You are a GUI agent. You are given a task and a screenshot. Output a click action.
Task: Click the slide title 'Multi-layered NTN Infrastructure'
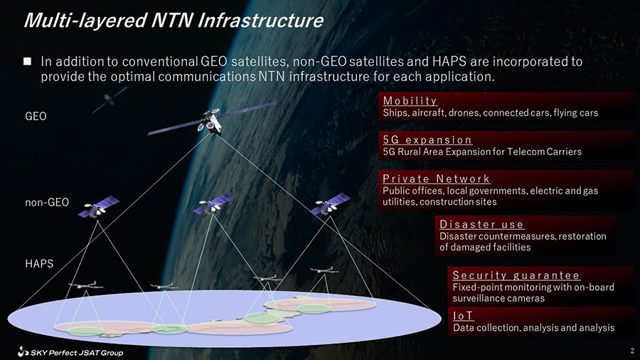pyautogui.click(x=174, y=21)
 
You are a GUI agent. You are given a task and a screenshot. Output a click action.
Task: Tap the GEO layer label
pyautogui.click(x=36, y=117)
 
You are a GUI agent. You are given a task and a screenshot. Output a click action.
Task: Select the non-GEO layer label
pyautogui.click(x=47, y=202)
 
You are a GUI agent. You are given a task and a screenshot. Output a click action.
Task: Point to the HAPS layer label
pyautogui.click(x=39, y=264)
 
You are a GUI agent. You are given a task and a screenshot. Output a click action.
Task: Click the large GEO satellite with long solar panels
pyautogui.click(x=212, y=120)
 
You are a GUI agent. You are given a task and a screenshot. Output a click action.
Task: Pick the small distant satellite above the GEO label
pyautogui.click(x=109, y=99)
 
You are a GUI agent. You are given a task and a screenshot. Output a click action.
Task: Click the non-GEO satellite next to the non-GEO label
pyautogui.click(x=99, y=207)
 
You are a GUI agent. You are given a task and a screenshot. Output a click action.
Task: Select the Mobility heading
pyautogui.click(x=410, y=101)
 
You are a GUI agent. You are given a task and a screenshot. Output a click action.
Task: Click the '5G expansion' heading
pyautogui.click(x=427, y=140)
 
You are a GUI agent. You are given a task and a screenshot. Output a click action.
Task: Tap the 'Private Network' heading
pyautogui.click(x=437, y=179)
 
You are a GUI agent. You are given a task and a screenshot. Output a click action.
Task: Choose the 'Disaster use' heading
pyautogui.click(x=481, y=225)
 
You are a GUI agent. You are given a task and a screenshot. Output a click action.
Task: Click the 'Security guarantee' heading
pyautogui.click(x=516, y=275)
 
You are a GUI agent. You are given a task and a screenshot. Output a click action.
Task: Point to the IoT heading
pyautogui.click(x=463, y=315)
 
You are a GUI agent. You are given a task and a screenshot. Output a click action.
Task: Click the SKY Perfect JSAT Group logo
pyautogui.click(x=70, y=352)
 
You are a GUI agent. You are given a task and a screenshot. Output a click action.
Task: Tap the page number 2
pyautogui.click(x=632, y=351)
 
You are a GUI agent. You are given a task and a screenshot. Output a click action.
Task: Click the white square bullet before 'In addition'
pyautogui.click(x=27, y=61)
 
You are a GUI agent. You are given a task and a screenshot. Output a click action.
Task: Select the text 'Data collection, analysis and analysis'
pyautogui.click(x=533, y=328)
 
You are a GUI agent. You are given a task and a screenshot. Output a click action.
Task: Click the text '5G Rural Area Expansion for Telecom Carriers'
pyautogui.click(x=482, y=152)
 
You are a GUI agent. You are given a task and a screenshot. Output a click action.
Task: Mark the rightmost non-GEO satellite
pyautogui.click(x=330, y=203)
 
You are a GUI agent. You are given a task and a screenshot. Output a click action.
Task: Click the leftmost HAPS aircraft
pyautogui.click(x=85, y=285)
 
